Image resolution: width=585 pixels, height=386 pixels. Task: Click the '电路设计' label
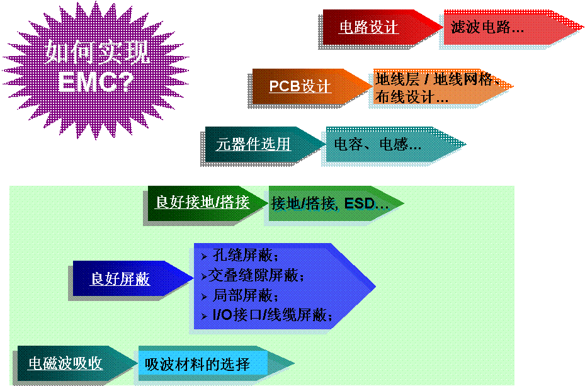pyautogui.click(x=368, y=27)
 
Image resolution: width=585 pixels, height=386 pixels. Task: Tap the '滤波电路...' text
pyautogui.click(x=487, y=27)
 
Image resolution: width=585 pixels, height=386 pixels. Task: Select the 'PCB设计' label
pyautogui.click(x=300, y=86)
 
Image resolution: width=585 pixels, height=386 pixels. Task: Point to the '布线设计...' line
pyautogui.click(x=411, y=97)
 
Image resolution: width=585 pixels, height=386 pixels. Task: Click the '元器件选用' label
pyautogui.click(x=253, y=144)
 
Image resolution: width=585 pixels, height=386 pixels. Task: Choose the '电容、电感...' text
pyautogui.click(x=378, y=144)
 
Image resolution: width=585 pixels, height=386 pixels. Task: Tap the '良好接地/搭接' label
pyautogui.click(x=202, y=202)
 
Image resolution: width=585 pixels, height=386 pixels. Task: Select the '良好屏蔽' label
pyautogui.click(x=120, y=278)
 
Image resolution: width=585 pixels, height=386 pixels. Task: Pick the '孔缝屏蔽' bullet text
pyautogui.click(x=245, y=256)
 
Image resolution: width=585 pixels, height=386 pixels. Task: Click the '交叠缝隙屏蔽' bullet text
pyautogui.click(x=256, y=275)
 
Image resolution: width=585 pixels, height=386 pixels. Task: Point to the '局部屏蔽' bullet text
pyautogui.click(x=245, y=295)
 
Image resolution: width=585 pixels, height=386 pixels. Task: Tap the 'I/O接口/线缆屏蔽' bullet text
pyautogui.click(x=272, y=315)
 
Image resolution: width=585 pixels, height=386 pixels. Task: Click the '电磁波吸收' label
pyautogui.click(x=65, y=363)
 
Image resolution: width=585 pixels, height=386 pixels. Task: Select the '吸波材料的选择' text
pyautogui.click(x=197, y=365)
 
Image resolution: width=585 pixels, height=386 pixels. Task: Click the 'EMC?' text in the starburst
pyautogui.click(x=96, y=82)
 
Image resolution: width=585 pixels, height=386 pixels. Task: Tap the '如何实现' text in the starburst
pyautogui.click(x=98, y=52)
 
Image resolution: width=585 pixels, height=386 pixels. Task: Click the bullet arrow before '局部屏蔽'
pyautogui.click(x=204, y=297)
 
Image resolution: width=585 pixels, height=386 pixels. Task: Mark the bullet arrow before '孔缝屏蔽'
pyautogui.click(x=204, y=256)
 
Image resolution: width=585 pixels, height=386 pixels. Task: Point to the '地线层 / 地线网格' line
pyautogui.click(x=434, y=79)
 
